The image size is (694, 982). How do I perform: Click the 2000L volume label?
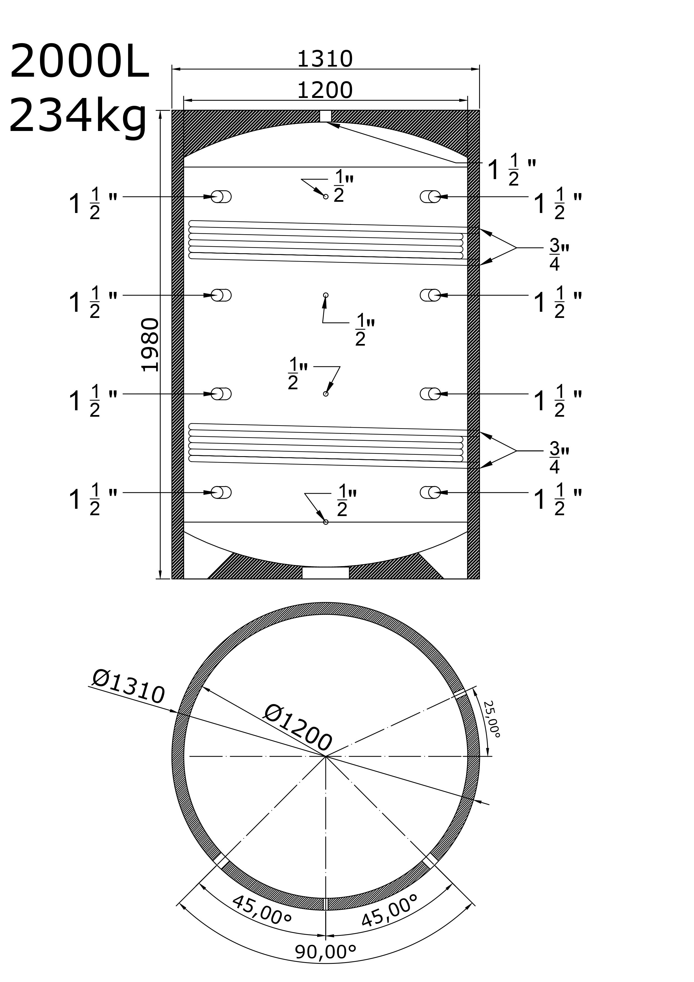pyautogui.click(x=79, y=62)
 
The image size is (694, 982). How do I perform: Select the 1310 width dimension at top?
pyautogui.click(x=325, y=59)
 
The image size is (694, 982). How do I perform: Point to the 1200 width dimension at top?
pyautogui.click(x=325, y=90)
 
